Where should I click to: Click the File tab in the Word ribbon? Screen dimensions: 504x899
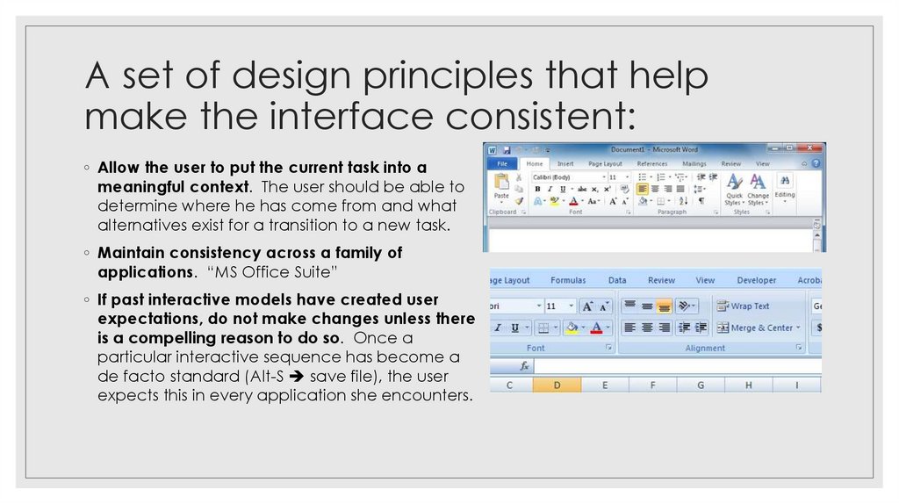pyautogui.click(x=502, y=163)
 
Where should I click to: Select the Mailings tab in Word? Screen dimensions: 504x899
pyautogui.click(x=694, y=163)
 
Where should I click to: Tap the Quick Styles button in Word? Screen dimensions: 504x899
pyautogui.click(x=733, y=189)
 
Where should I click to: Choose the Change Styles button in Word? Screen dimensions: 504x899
pyautogui.click(x=758, y=189)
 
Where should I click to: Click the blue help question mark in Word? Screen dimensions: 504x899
pyautogui.click(x=816, y=163)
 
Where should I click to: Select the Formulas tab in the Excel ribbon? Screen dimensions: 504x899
pyautogui.click(x=568, y=280)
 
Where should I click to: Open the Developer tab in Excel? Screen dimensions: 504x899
pyautogui.click(x=756, y=280)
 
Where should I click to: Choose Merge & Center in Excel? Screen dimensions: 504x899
pyautogui.click(x=754, y=328)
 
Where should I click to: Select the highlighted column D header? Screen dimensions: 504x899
pyautogui.click(x=557, y=385)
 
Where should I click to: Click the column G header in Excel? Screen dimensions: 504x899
pyautogui.click(x=701, y=385)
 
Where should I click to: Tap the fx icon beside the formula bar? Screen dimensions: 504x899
pyautogui.click(x=524, y=365)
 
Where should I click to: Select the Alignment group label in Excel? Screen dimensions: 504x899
pyautogui.click(x=705, y=348)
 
